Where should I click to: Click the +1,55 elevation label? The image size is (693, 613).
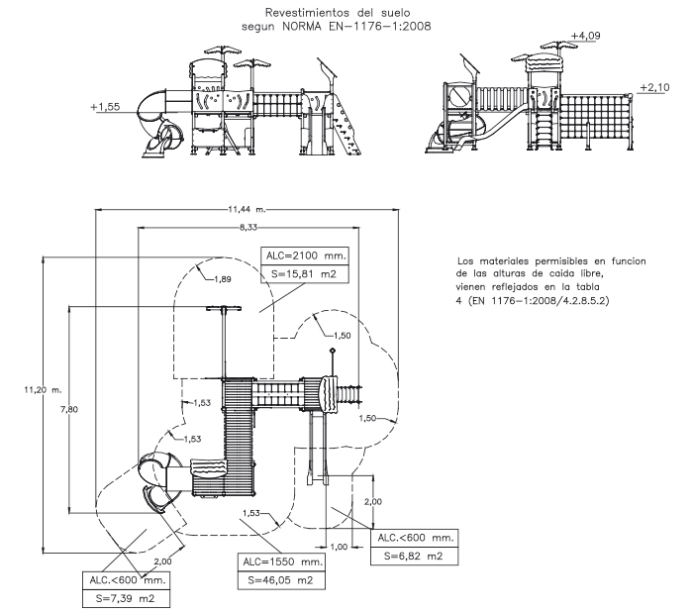coord(105,107)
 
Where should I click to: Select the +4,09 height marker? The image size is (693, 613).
coord(586,36)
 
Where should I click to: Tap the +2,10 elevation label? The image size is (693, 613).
coord(654,87)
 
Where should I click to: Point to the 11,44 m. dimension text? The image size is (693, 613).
coord(247,209)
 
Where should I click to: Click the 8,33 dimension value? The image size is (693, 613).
coord(248,227)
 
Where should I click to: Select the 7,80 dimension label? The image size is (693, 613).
coord(69,409)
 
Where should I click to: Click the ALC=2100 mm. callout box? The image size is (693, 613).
coord(305,255)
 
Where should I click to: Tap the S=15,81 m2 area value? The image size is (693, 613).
coord(304,274)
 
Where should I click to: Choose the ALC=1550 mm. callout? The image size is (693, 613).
coord(281,562)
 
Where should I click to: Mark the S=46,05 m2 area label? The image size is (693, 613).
coord(280,580)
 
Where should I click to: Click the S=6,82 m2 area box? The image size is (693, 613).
coord(414,556)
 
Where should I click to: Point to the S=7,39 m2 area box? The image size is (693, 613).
coord(126,599)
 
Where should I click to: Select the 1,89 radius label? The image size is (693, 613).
coord(223,279)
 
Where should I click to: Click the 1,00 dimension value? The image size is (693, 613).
coord(339,547)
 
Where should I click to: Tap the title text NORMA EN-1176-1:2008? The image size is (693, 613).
coord(356,26)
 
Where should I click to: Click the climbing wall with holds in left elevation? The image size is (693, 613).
coord(346,125)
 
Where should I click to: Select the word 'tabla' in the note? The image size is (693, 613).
coord(587,287)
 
